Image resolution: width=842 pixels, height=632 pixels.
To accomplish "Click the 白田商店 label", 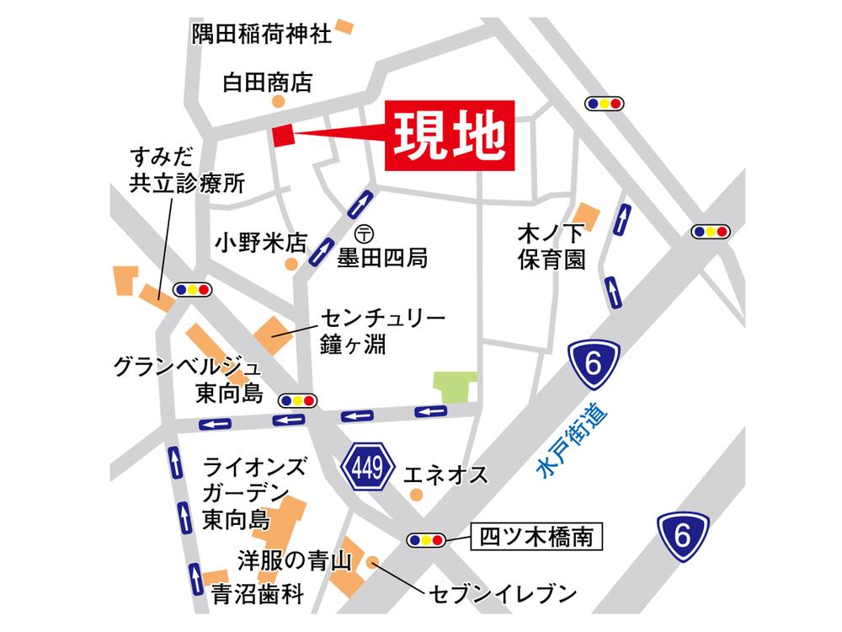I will (x=267, y=82).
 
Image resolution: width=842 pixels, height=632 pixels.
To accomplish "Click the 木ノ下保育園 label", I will (x=552, y=245).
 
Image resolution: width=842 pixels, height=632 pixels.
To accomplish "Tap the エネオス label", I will (x=445, y=474).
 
